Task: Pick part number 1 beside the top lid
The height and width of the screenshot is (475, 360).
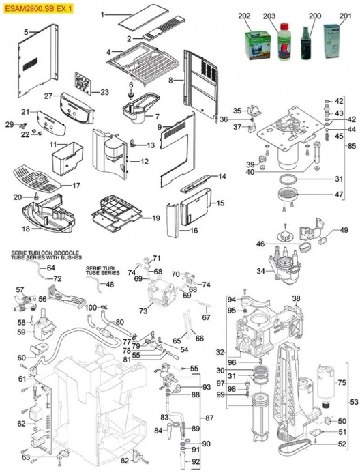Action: click(103, 14)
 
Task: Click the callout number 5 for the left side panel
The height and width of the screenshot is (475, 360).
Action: click(25, 32)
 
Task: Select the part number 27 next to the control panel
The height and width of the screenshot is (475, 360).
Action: click(48, 96)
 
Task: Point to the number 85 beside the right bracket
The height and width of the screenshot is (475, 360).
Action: click(352, 145)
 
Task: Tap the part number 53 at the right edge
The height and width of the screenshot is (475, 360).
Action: click(353, 403)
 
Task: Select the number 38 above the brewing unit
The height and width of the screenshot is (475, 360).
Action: click(296, 299)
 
